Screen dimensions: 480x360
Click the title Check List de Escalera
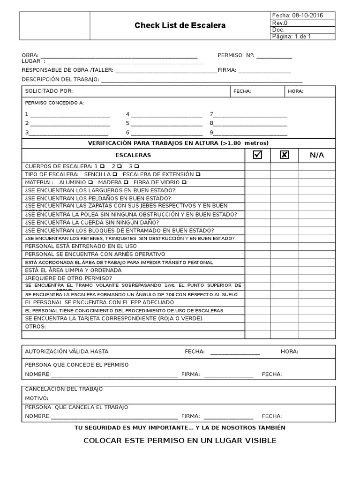tap(180, 26)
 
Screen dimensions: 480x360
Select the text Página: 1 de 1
tap(291, 37)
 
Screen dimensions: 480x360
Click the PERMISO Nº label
tap(236, 55)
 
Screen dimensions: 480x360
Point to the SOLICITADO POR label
tap(49, 91)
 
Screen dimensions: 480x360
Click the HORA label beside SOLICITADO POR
tap(295, 91)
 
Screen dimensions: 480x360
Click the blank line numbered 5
tap(166, 123)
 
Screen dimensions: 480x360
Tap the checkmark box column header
tap(257, 155)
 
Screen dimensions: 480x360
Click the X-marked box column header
tap(284, 155)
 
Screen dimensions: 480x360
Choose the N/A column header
tap(316, 155)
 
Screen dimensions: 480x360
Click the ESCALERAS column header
tap(133, 155)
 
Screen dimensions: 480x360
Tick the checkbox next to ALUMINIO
tap(90, 182)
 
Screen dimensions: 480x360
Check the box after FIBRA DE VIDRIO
tap(184, 182)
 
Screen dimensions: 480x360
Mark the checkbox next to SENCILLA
tap(115, 174)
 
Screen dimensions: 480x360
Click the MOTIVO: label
tap(37, 398)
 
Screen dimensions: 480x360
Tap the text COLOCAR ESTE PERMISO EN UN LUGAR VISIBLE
tap(180, 441)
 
